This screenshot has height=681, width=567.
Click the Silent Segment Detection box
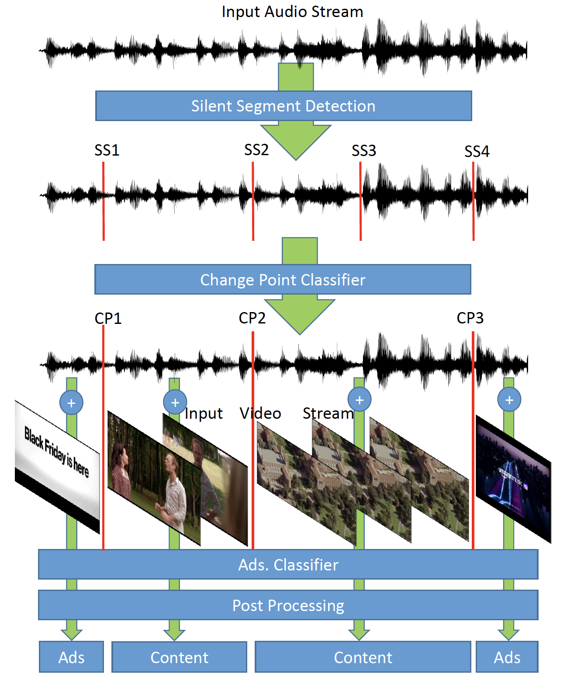pyautogui.click(x=283, y=106)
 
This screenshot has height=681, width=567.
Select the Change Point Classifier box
pyautogui.click(x=283, y=279)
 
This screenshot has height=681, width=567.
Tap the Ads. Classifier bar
pyautogui.click(x=288, y=564)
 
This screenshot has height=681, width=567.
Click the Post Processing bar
pyautogui.click(x=288, y=605)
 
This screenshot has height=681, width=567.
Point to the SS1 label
pyautogui.click(x=107, y=150)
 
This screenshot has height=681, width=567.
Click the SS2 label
pyautogui.click(x=256, y=150)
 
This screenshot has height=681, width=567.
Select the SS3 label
pyautogui.click(x=363, y=151)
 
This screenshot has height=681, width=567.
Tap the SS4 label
pyautogui.click(x=477, y=152)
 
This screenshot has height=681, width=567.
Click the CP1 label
pyautogui.click(x=108, y=318)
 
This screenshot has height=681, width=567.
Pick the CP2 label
pyautogui.click(x=252, y=318)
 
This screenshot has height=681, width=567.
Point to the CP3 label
pyautogui.click(x=470, y=318)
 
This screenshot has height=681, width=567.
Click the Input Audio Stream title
pyautogui.click(x=292, y=11)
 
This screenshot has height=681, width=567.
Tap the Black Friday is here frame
pyautogui.click(x=57, y=466)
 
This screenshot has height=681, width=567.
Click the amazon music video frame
pyautogui.click(x=513, y=479)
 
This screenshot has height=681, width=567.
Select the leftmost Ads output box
pyautogui.click(x=71, y=657)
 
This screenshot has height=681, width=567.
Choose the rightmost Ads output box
pyautogui.click(x=507, y=657)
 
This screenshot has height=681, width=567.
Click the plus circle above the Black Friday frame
pyautogui.click(x=71, y=403)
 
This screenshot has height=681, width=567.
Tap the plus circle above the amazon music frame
pyautogui.click(x=509, y=400)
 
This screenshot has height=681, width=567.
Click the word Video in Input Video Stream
pyautogui.click(x=260, y=413)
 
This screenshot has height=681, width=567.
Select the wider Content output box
pyautogui.click(x=363, y=657)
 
